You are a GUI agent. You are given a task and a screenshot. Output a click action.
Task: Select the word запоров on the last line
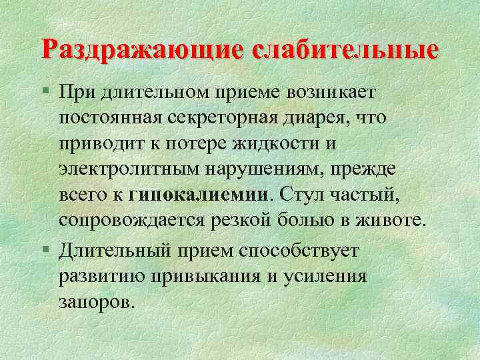97,303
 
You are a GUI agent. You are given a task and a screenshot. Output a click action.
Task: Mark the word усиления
329,276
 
